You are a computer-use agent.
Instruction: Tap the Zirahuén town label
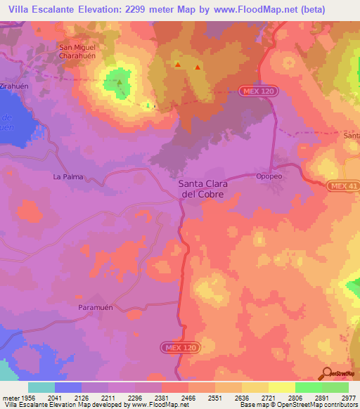click(15, 82)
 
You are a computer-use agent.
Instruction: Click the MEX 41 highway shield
click(342, 185)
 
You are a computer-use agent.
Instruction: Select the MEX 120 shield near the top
click(262, 91)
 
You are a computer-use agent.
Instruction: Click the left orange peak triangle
click(178, 65)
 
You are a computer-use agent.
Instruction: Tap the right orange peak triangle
click(198, 67)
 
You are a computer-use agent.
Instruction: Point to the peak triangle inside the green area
click(119, 83)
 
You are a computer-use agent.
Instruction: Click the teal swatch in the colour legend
click(41, 387)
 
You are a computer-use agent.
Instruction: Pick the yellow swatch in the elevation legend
click(281, 387)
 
